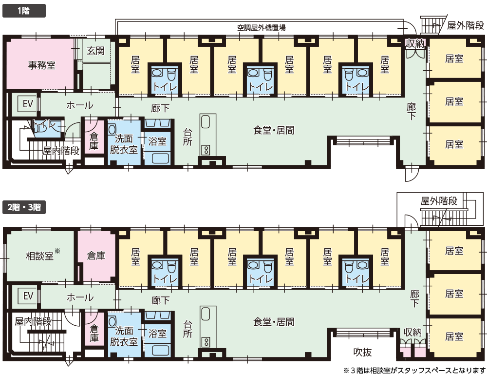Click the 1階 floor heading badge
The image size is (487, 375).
click(24, 11)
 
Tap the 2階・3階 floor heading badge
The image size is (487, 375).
click(24, 207)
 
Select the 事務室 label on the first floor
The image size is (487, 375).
click(41, 65)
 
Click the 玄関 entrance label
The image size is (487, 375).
click(95, 50)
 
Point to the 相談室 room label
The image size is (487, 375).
click(40, 256)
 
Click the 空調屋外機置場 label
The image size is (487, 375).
click(261, 28)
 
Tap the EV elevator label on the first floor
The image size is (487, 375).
click(28, 103)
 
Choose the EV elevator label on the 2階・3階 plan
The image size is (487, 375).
click(28, 296)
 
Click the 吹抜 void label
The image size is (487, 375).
click(362, 352)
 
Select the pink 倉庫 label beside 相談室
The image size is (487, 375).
click(96, 256)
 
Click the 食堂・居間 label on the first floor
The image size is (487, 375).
click(274, 130)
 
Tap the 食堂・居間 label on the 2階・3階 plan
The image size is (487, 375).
click(274, 322)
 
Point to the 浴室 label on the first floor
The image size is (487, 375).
click(157, 141)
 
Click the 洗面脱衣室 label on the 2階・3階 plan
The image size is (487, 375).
click(124, 336)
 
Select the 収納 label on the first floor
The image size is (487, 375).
click(415, 43)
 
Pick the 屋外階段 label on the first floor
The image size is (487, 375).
click(466, 25)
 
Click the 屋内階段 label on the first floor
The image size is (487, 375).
click(61, 151)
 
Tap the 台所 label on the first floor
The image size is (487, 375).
click(187, 137)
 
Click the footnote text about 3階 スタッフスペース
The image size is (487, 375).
click(414, 370)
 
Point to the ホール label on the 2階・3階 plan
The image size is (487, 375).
click(80, 297)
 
